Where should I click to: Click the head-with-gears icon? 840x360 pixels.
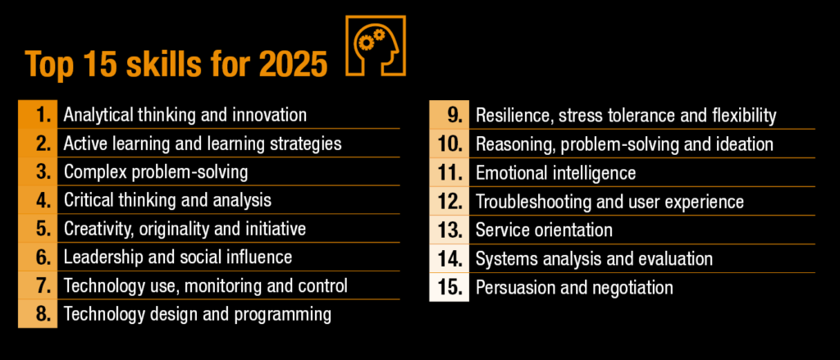[x=376, y=46]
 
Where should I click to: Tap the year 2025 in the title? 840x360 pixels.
[x=293, y=64]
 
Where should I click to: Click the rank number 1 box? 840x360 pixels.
[x=38, y=114]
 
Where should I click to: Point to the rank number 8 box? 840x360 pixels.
[x=38, y=313]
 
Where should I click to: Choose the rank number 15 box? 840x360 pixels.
[x=449, y=287]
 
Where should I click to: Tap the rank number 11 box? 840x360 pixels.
[x=449, y=172]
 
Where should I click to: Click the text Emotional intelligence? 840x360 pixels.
[x=555, y=173]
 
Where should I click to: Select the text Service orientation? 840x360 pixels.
[x=544, y=230]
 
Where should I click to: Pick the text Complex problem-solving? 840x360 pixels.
[x=156, y=172]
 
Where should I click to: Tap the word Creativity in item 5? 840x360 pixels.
[x=99, y=229]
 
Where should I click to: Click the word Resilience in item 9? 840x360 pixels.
[x=514, y=116]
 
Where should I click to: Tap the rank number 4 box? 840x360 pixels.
[x=38, y=200]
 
